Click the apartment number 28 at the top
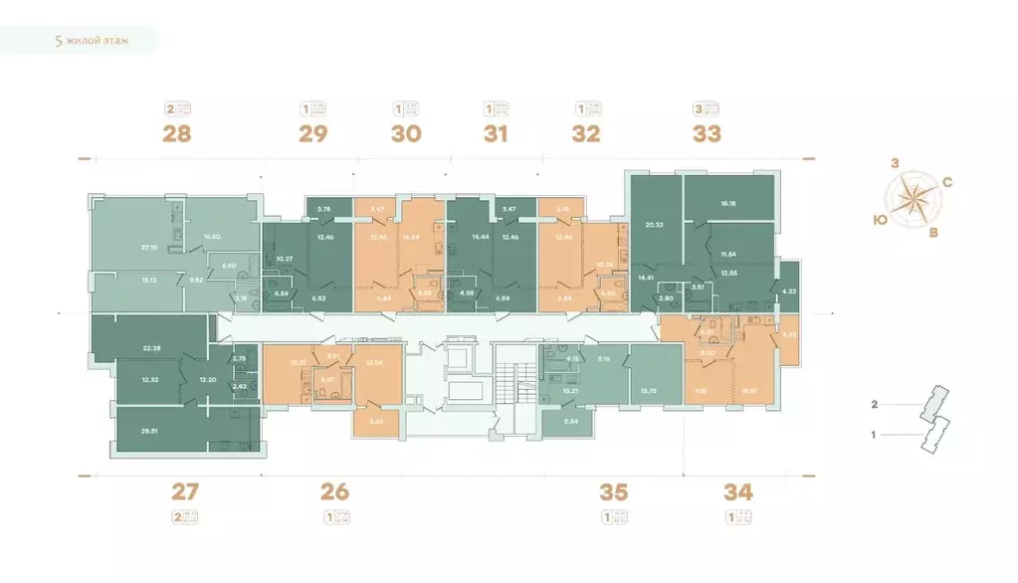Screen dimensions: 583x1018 177,133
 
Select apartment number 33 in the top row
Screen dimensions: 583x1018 707,133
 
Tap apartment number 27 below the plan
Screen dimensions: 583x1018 186,489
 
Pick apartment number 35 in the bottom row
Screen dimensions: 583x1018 615,489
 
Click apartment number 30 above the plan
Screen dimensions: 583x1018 406,133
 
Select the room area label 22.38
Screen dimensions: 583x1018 152,347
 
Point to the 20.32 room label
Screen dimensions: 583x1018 654,225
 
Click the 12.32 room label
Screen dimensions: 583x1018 150,380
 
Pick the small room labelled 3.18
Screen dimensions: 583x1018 240,295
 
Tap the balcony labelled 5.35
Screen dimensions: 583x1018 376,422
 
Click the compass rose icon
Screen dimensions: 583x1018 912,200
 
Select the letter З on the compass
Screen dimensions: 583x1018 896,163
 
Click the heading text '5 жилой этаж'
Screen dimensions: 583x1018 92,41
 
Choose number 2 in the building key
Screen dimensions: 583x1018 874,405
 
